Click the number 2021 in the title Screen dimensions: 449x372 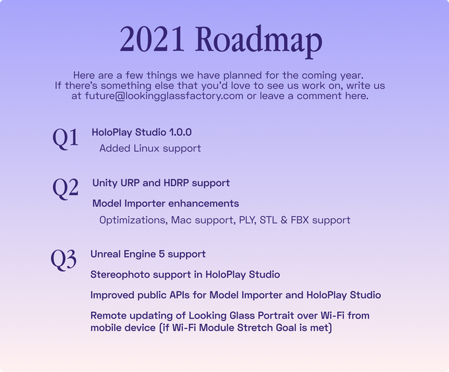click(x=152, y=39)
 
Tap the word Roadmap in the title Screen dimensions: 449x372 click(x=259, y=42)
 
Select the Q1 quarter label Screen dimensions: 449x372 click(x=65, y=138)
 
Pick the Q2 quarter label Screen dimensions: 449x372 click(x=65, y=188)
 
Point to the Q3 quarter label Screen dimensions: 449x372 click(x=63, y=260)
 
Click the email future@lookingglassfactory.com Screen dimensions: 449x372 click(x=164, y=96)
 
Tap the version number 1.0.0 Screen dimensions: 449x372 click(x=180, y=132)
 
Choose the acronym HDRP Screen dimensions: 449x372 click(x=176, y=183)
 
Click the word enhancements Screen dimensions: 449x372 click(x=203, y=204)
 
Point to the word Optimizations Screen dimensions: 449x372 click(x=133, y=220)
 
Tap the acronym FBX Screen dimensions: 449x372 click(x=300, y=220)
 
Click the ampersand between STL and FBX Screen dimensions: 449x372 click(x=284, y=220)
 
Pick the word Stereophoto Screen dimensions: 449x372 click(x=120, y=275)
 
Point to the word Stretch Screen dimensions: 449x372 click(x=255, y=327)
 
